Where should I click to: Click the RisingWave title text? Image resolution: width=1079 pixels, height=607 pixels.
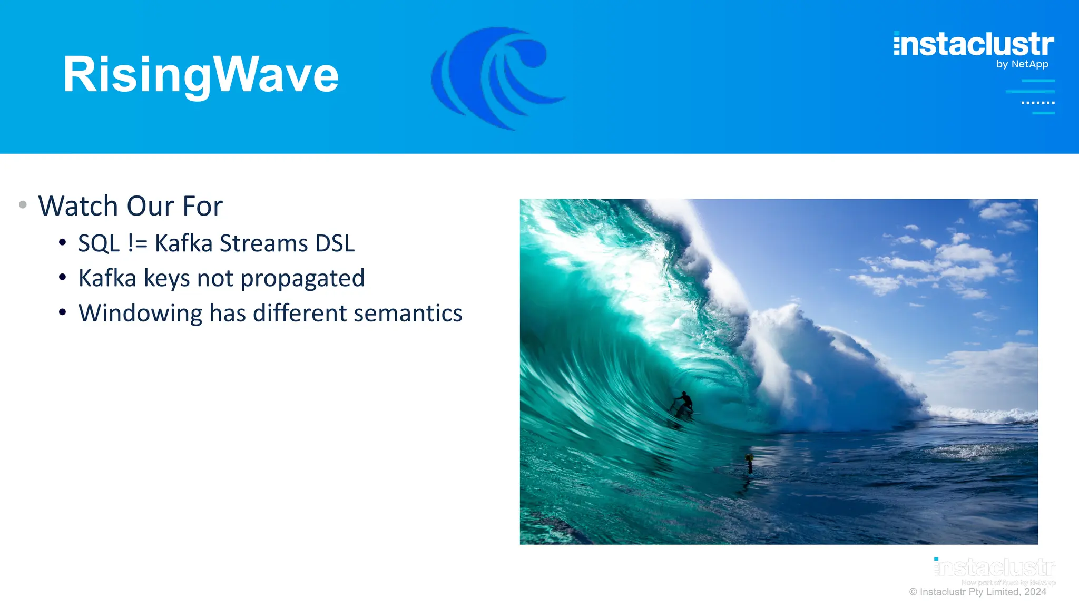[x=200, y=75]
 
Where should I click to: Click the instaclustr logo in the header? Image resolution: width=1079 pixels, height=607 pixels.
[x=974, y=44]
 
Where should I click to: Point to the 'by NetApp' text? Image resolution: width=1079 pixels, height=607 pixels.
[x=1022, y=64]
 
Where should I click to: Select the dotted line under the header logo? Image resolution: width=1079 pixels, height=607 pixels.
[x=1038, y=103]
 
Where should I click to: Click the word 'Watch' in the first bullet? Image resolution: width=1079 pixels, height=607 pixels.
[x=78, y=206]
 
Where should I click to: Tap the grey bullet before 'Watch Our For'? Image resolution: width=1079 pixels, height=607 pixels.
[x=23, y=204]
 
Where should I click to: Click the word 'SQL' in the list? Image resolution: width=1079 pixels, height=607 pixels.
[x=99, y=244]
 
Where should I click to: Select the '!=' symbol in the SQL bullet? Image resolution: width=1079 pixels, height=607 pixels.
[x=138, y=244]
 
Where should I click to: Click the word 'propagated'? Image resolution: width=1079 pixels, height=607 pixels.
[x=302, y=279]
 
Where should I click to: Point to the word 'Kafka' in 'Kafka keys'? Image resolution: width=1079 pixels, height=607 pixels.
[x=107, y=278]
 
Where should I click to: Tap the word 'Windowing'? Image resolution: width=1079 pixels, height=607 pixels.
[x=140, y=314]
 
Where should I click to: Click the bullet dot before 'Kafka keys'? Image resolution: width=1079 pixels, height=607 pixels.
[x=63, y=277]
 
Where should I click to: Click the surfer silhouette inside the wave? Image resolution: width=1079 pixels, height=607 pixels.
[x=684, y=403]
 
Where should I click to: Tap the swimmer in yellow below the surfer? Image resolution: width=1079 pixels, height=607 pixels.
[x=749, y=459]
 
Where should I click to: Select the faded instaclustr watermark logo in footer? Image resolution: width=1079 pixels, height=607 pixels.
[x=995, y=568]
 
